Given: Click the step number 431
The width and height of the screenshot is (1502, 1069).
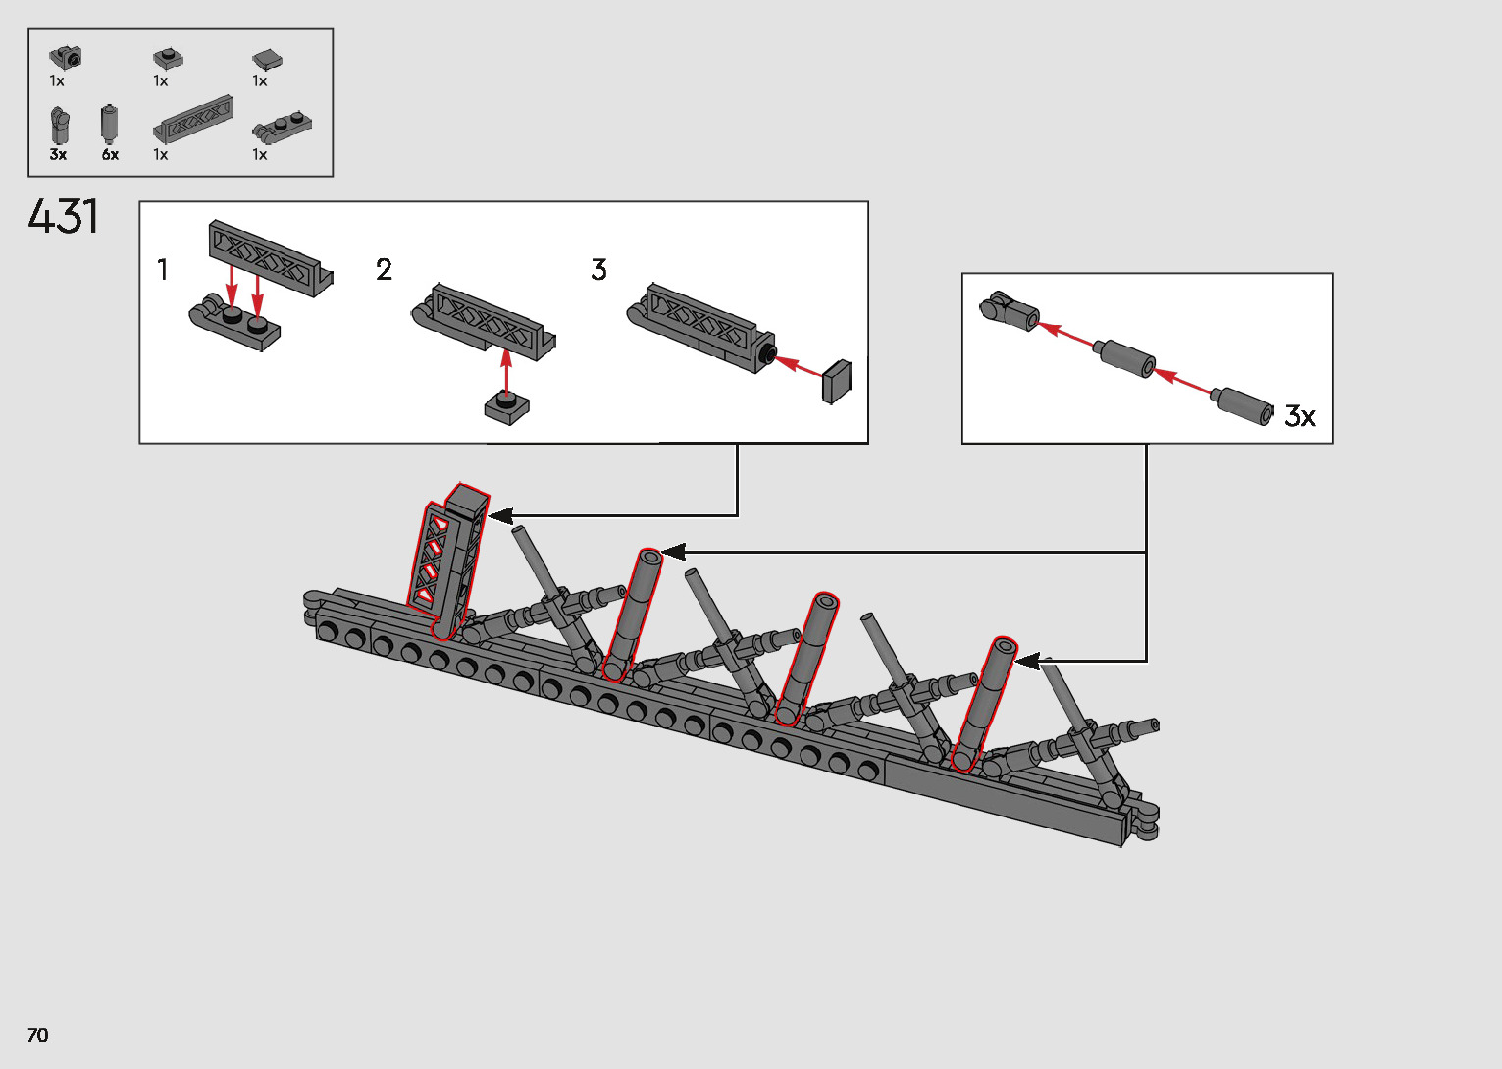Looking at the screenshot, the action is coord(64,217).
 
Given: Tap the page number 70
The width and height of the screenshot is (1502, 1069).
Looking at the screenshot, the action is coord(37,1035).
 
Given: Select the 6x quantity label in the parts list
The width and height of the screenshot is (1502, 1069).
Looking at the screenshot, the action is coord(110,155).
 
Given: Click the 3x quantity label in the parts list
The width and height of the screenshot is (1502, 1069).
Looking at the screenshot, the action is coord(58,155).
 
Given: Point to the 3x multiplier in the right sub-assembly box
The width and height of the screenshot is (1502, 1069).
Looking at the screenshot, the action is coord(1300,416).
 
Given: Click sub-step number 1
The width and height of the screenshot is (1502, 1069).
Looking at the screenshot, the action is coord(163,269).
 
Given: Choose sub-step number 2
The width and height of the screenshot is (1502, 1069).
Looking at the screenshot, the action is coord(384,269).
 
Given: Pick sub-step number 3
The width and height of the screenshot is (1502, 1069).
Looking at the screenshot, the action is coord(598,269).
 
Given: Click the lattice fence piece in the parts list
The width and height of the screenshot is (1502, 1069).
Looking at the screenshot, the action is coord(194,120).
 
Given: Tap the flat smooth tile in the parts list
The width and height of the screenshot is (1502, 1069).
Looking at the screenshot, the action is coord(267,60).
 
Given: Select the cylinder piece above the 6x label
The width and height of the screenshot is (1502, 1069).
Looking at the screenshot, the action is coord(109,124).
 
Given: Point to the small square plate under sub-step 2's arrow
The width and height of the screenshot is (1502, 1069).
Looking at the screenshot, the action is coord(506,406).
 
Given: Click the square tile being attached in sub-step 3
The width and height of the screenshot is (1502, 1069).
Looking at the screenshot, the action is coord(837,382).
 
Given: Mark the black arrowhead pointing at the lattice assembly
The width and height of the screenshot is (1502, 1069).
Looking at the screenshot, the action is coord(500,515).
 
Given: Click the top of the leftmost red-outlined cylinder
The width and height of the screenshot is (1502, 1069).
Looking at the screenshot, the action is coord(649,558).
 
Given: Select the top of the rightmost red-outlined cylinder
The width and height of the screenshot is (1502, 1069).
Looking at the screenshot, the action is coord(1005,646).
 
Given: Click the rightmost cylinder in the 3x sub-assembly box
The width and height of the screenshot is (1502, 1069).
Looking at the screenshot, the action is coord(1243,406).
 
